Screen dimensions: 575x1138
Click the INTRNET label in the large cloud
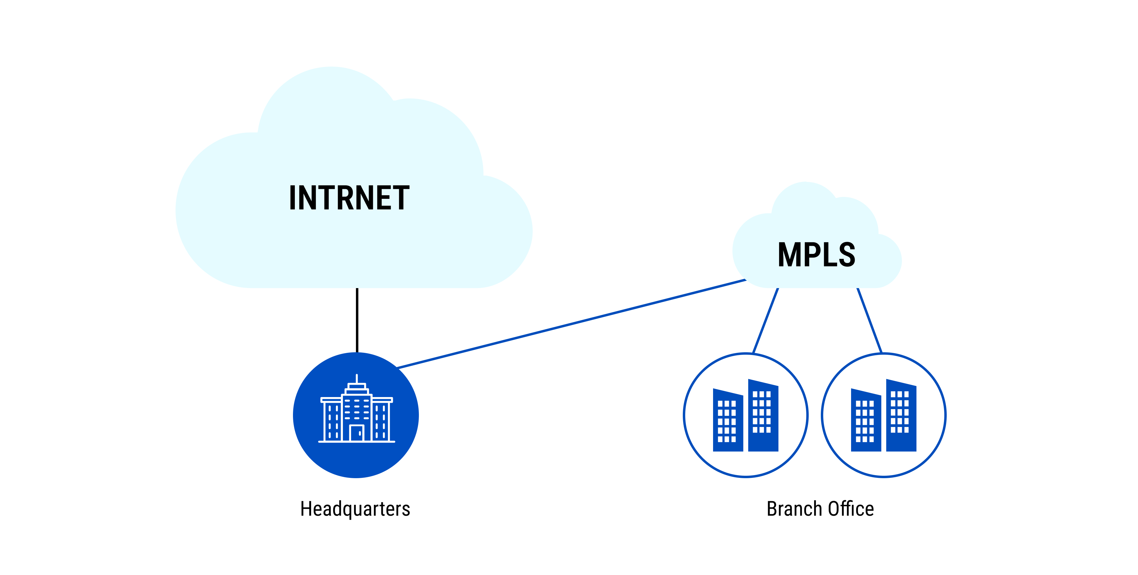click(x=349, y=198)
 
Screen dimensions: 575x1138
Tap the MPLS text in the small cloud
click(x=816, y=255)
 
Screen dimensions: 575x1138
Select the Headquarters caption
click(x=355, y=509)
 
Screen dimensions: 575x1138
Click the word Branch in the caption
click(x=794, y=509)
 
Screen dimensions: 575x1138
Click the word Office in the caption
click(x=850, y=509)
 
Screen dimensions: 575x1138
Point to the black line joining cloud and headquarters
click(x=357, y=320)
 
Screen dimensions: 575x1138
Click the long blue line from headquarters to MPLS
click(x=570, y=324)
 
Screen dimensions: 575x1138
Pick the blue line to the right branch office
click(x=870, y=320)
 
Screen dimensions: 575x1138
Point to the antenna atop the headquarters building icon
click(x=357, y=379)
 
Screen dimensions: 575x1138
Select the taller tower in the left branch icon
click(x=763, y=442)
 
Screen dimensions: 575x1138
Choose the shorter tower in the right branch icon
click(x=866, y=446)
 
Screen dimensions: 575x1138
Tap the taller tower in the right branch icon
click(x=901, y=442)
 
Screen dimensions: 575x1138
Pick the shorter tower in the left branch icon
click(x=728, y=446)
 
